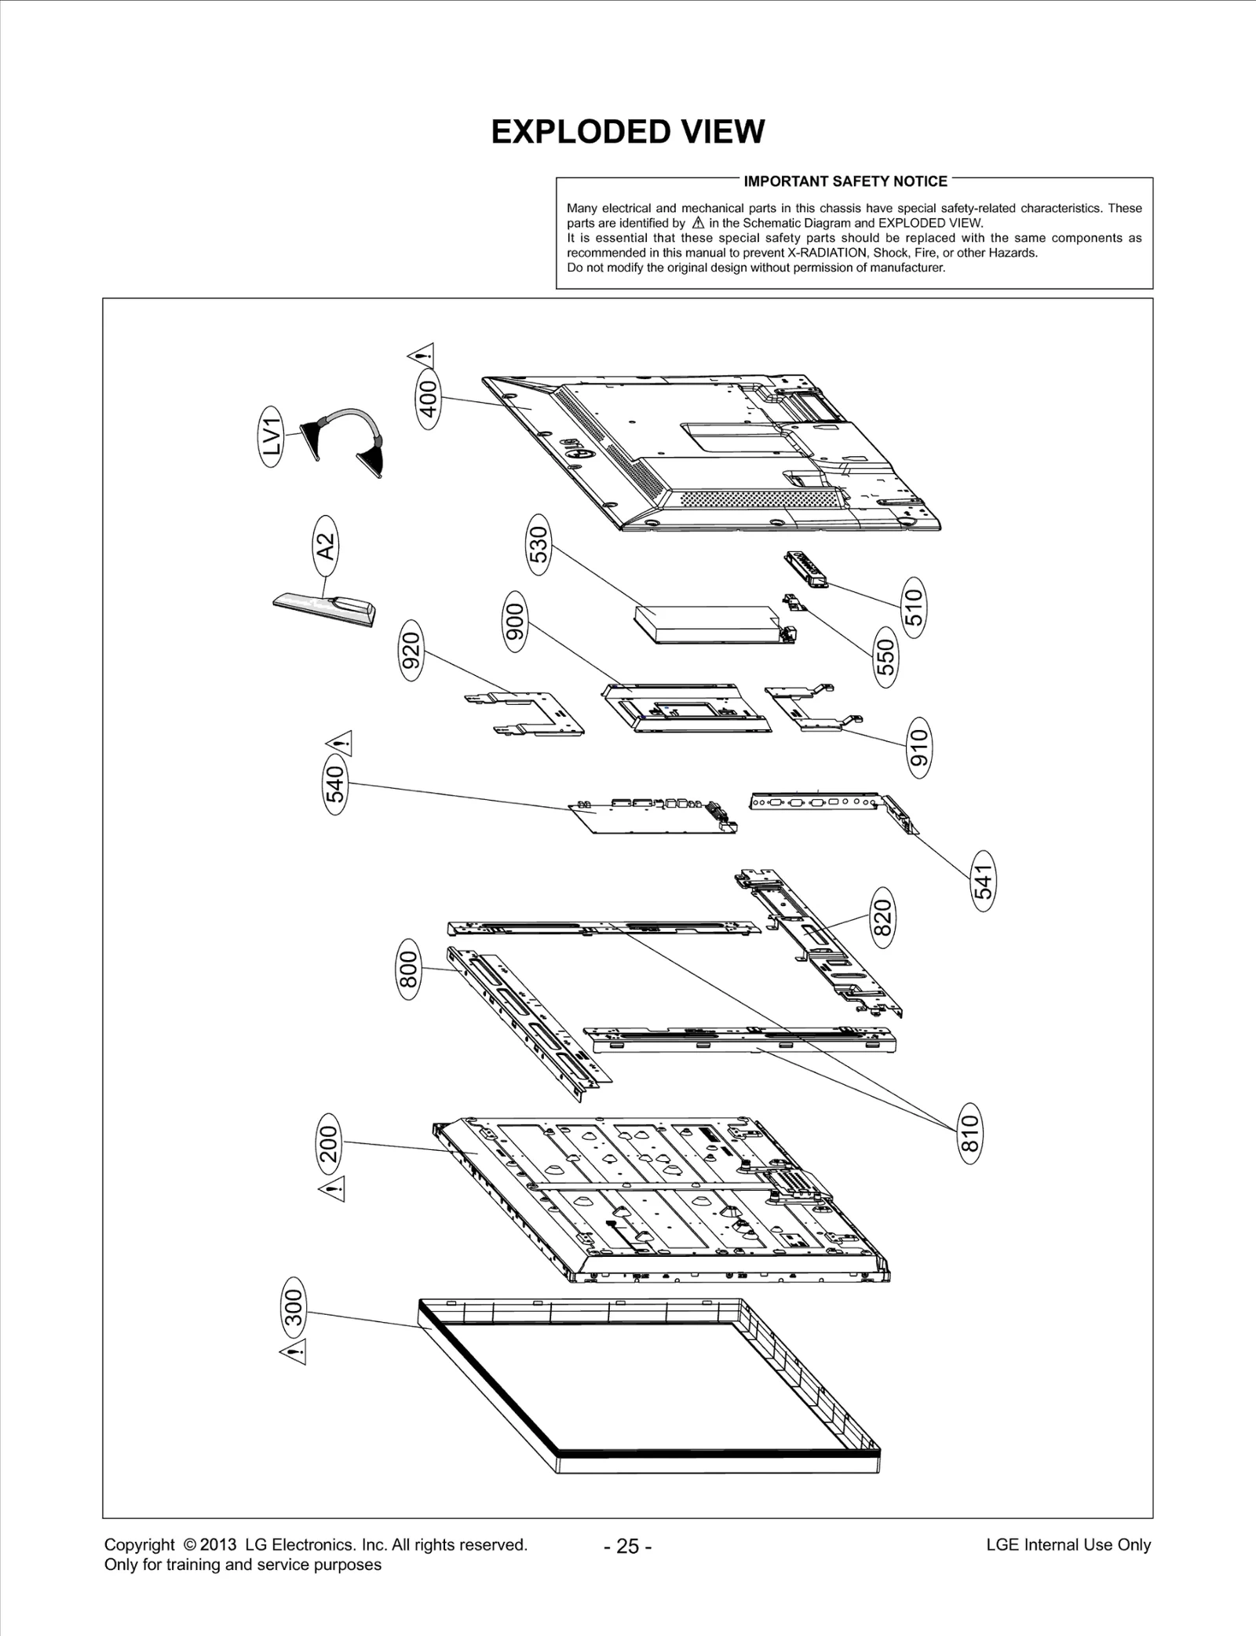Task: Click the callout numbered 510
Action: pyautogui.click(x=914, y=607)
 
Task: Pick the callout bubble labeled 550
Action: pyautogui.click(x=885, y=657)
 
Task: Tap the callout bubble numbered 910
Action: pyautogui.click(x=918, y=747)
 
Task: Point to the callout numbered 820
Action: pyautogui.click(x=883, y=915)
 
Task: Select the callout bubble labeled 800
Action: pyautogui.click(x=410, y=971)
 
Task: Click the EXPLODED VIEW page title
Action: pyautogui.click(x=627, y=132)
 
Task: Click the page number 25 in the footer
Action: pyautogui.click(x=627, y=1547)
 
